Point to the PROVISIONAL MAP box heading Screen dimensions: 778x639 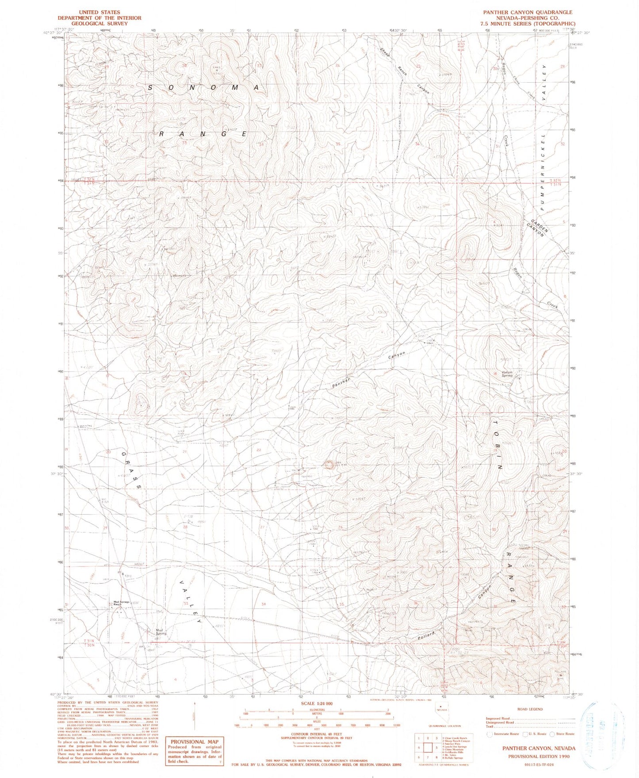pos(194,742)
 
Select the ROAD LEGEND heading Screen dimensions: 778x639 pos(530,709)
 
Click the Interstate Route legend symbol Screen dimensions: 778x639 pos(490,734)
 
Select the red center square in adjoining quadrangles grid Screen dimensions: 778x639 pos(428,748)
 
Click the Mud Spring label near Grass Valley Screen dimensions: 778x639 pos(161,632)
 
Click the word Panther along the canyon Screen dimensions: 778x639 pos(341,383)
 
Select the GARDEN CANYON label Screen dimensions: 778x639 pos(538,228)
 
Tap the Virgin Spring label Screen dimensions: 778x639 pos(507,374)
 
